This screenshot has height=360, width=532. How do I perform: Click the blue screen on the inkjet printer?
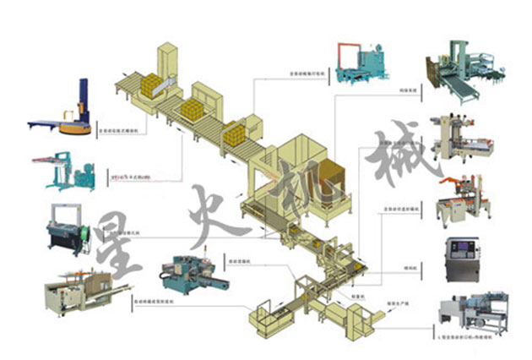tap(463, 251)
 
